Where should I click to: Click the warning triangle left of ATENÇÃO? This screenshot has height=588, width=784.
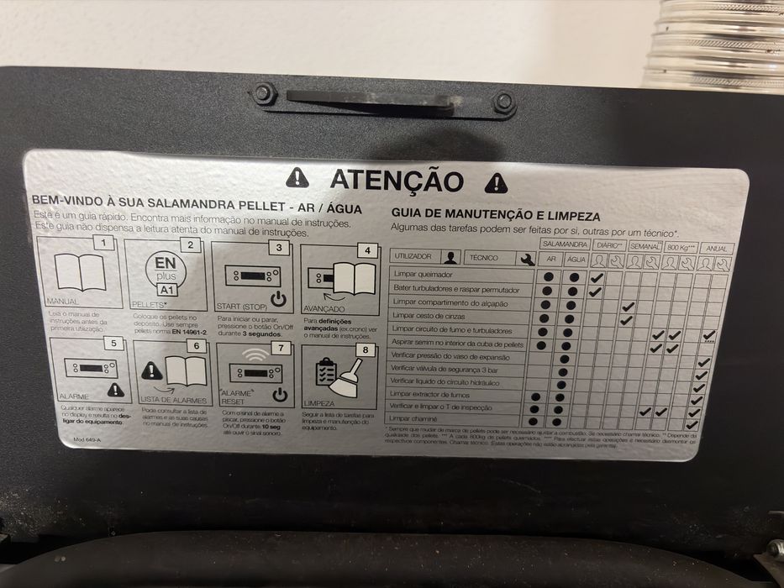(297, 177)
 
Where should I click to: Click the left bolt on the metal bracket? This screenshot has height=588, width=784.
(264, 92)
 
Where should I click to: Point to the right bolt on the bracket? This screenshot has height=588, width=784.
(503, 102)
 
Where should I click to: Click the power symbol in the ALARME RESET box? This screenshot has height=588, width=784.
(280, 395)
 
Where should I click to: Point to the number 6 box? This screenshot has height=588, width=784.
(196, 345)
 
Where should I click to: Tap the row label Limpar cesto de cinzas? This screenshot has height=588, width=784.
(429, 318)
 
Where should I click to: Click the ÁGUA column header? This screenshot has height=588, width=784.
(576, 260)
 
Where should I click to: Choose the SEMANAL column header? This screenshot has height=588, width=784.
(645, 248)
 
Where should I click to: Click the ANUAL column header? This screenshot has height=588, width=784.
(718, 249)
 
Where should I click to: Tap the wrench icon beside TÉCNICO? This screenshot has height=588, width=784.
(527, 260)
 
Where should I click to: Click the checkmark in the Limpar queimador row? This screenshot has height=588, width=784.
(597, 277)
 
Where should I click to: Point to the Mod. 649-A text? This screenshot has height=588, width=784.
(87, 439)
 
